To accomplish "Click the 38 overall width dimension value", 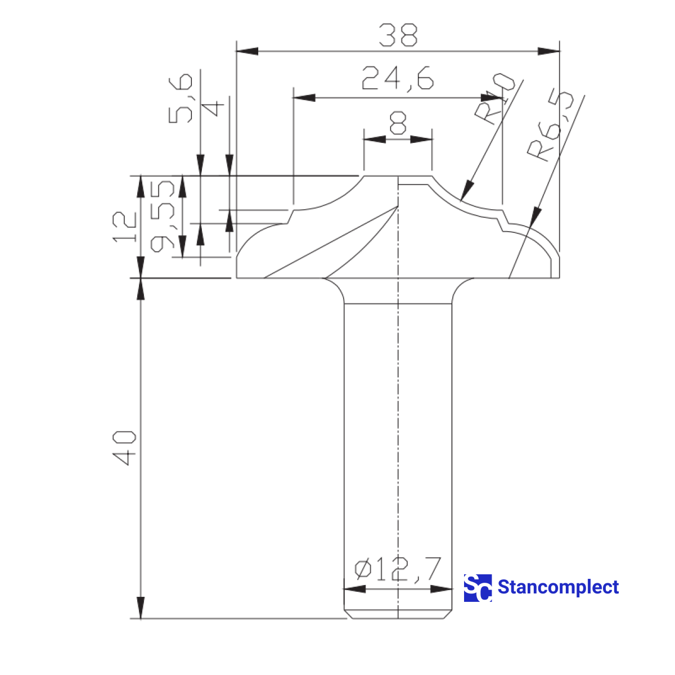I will coord(398,35).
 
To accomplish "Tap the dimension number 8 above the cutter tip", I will coord(398,123).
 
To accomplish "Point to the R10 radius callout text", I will coord(494,98).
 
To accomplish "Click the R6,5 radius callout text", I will coord(551,126).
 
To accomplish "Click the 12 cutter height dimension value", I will coord(125,227).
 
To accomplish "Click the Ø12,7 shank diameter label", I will coord(398,569).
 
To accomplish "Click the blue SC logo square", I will coord(478,588).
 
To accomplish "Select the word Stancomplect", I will coord(558,587).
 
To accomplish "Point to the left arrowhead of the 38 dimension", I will coord(246,51).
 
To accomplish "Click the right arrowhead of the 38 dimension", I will coord(550,51).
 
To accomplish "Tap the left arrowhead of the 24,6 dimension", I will coord(304,98).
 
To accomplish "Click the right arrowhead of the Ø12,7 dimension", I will coord(442,589).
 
